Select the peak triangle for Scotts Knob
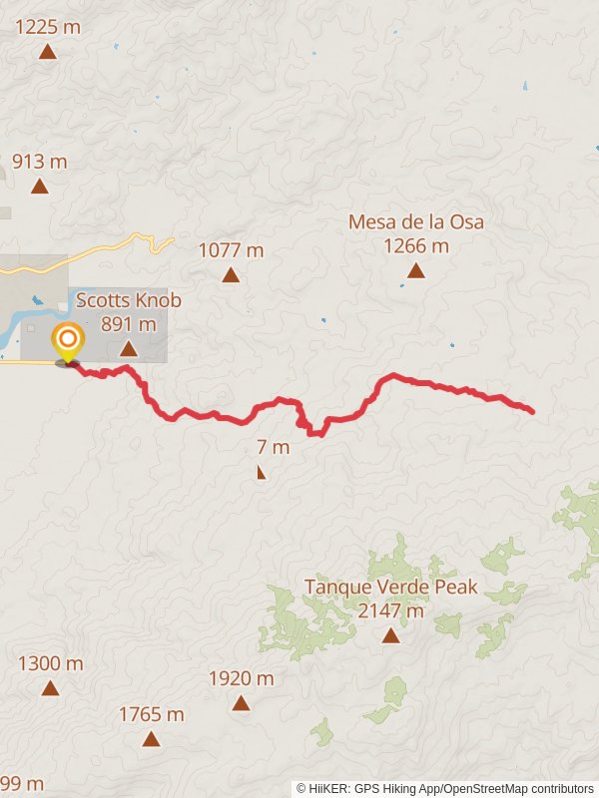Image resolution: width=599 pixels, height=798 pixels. (128, 348)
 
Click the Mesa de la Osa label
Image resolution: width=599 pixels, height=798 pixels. (416, 221)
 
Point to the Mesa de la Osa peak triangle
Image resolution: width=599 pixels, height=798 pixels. (415, 270)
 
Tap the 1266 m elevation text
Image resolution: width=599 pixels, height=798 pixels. (416, 245)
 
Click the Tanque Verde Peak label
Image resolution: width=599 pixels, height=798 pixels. (391, 587)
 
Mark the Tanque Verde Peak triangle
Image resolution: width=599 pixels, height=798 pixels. (390, 635)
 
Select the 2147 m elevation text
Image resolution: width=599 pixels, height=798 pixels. (391, 610)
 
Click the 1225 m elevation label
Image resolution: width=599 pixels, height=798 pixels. (48, 27)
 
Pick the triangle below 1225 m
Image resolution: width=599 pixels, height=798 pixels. (47, 52)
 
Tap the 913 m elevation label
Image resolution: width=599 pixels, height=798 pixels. (40, 161)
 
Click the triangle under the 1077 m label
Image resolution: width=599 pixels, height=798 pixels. (231, 275)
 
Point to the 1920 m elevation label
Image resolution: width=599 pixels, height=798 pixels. (241, 678)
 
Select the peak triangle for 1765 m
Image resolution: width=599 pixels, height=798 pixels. (151, 739)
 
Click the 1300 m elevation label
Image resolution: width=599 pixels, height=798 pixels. (51, 663)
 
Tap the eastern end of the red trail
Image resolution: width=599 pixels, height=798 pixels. (531, 411)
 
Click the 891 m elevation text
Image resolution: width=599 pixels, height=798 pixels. (129, 323)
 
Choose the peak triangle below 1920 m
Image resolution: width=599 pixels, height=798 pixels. (241, 703)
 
